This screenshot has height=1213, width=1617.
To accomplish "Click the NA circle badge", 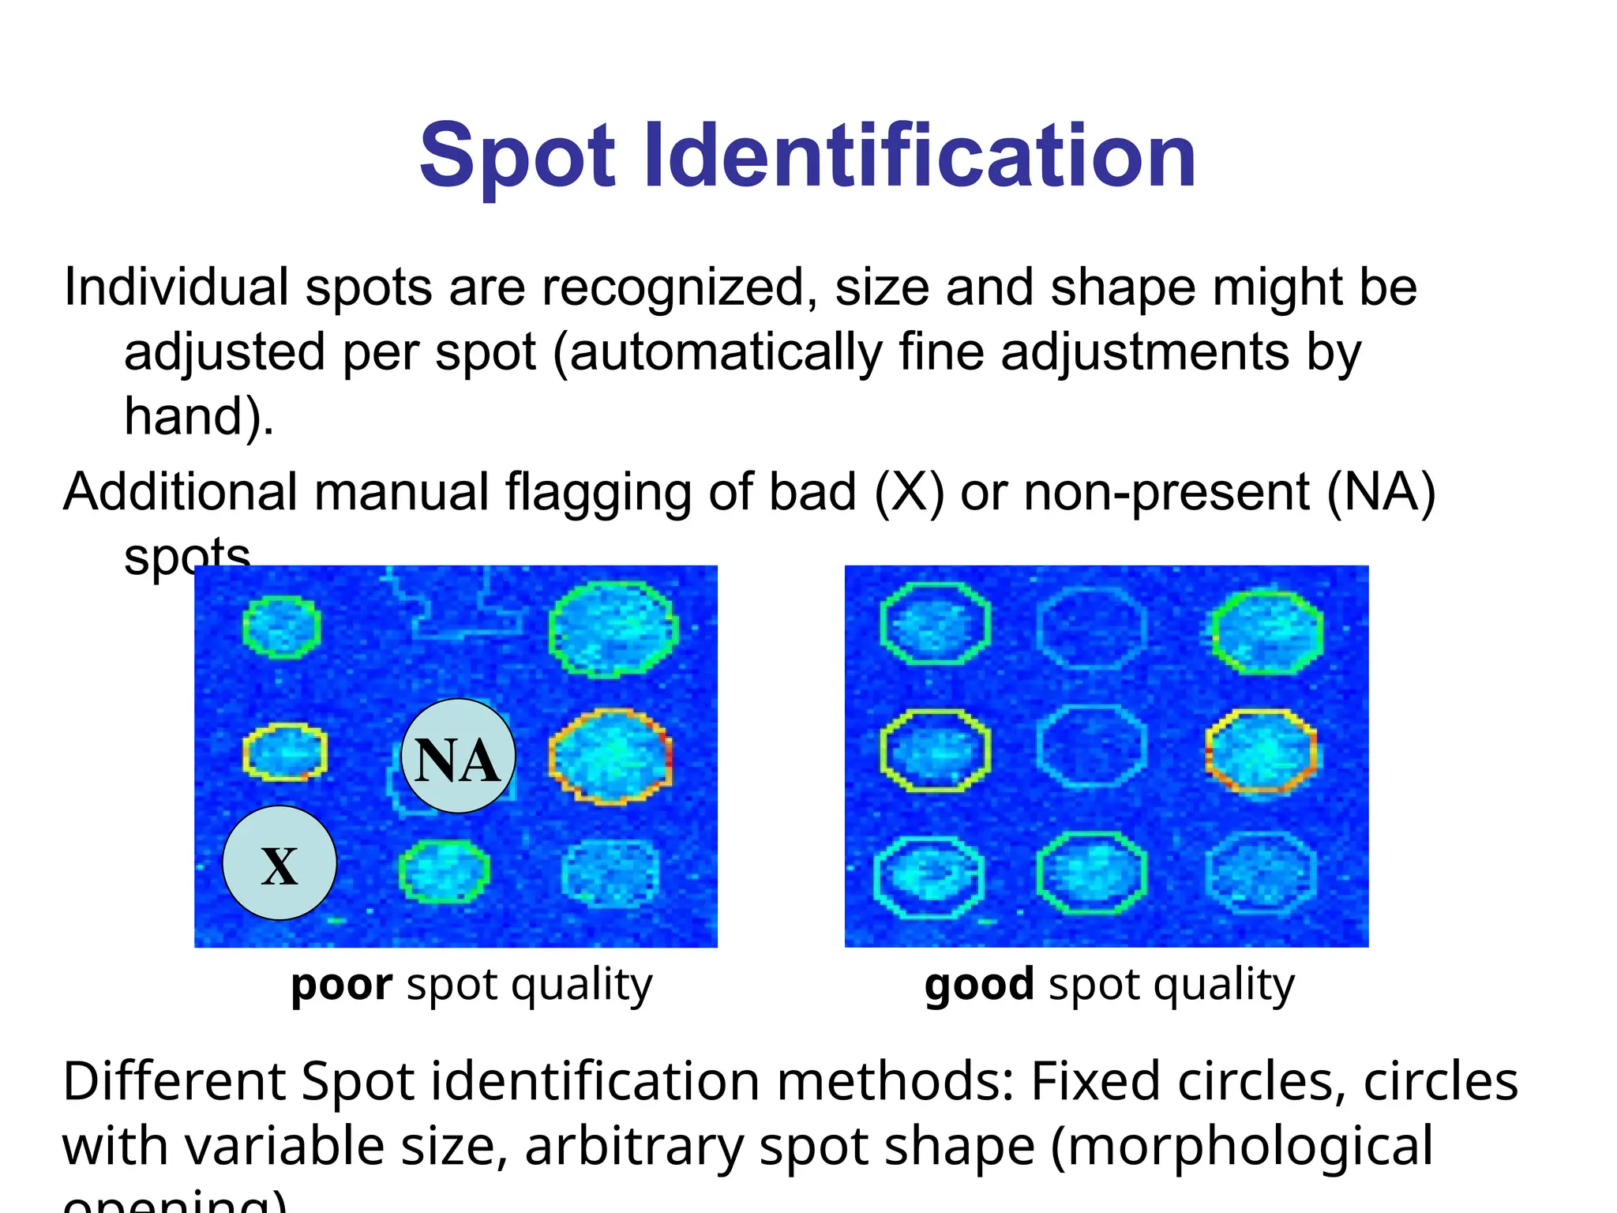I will coord(458,757).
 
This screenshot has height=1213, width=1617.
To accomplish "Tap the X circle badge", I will coord(280,863).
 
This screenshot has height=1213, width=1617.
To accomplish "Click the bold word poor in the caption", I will coord(341,985).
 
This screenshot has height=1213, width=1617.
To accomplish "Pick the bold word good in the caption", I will coord(979,985).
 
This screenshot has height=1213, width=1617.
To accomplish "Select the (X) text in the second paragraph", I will coord(909,492).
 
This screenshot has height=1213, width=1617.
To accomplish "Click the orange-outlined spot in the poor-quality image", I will coord(610,756).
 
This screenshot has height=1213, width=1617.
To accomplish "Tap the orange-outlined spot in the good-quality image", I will coord(1261,750).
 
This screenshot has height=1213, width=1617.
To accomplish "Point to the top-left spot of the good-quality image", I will coord(935,625).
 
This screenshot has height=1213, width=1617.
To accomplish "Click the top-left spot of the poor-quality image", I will coord(282,627).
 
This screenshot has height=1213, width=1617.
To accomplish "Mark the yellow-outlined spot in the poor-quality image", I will coord(285,752).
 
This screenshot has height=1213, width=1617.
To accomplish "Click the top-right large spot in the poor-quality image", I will coord(613,629).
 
